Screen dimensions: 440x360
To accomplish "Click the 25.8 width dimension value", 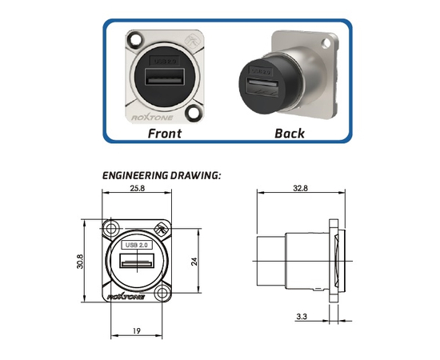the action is point(138,188).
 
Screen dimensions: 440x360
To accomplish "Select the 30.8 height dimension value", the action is point(80,262).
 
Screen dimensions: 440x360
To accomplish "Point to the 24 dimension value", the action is point(194,262).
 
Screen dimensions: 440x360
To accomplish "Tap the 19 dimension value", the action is point(136,331).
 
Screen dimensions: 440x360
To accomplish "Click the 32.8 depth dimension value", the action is point(300,188).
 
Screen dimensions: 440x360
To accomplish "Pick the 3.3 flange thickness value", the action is point(302,317).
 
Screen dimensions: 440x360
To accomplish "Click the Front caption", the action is point(165,134).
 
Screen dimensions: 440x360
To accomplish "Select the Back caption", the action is point(290,134).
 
